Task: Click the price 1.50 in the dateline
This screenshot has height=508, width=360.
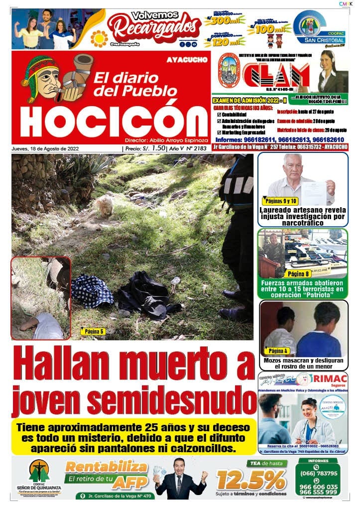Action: [x=158, y=148]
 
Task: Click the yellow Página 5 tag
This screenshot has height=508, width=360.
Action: [x=93, y=331]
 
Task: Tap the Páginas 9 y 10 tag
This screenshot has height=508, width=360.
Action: [x=279, y=201]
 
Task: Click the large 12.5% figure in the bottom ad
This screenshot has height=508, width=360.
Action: [x=251, y=481]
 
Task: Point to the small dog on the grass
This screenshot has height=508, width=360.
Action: [x=105, y=205]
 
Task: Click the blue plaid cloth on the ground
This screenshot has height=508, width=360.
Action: [x=92, y=291]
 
